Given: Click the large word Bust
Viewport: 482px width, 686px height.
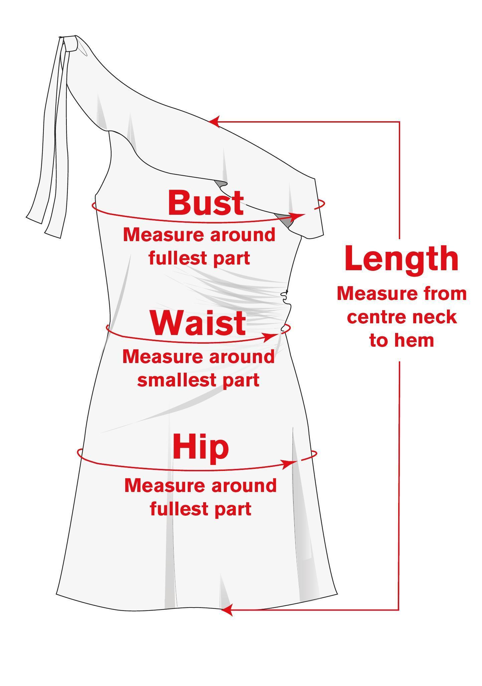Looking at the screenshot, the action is pos(206,202).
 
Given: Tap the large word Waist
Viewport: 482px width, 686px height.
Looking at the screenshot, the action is pos(198,323).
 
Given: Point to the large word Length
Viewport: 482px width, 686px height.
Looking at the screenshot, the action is pos(401,259).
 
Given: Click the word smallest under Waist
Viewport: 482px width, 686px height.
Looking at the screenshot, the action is pos(175,380).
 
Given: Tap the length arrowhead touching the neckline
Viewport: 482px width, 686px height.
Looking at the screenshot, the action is pos(214,122).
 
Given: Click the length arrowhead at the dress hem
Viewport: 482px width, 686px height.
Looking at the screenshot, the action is pos(227,610).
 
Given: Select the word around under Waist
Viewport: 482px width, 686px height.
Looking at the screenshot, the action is pos(242,357).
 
